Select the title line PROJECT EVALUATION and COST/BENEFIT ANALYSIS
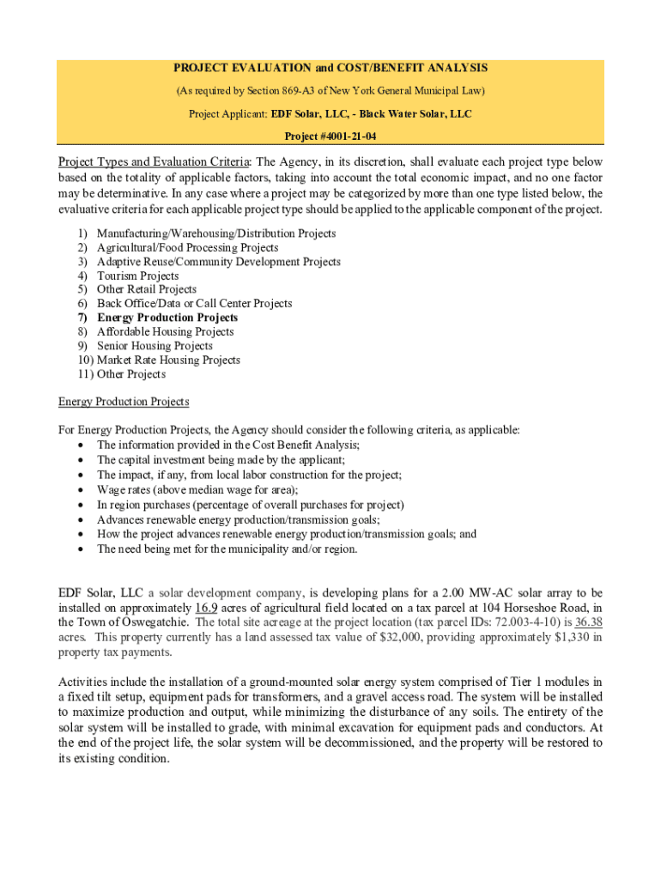point(330,68)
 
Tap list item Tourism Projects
point(137,276)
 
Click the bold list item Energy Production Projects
point(167,318)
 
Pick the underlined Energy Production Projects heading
point(124,402)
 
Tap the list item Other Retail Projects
point(146,289)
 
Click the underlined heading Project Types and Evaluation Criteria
point(154,162)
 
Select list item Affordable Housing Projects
point(165,331)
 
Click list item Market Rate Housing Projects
point(167,360)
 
